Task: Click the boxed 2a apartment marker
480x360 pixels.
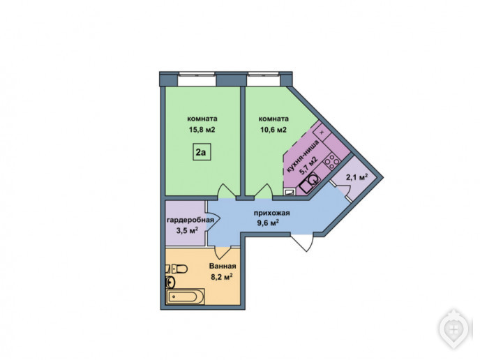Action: [x=202, y=151]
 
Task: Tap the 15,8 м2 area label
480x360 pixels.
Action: [x=202, y=130]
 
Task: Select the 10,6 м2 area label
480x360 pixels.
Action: [x=273, y=130]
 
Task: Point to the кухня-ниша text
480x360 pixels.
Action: [x=302, y=156]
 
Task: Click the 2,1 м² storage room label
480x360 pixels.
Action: [x=357, y=177]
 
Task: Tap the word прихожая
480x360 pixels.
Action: [x=272, y=213]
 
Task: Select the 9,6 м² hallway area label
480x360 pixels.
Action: [x=268, y=223]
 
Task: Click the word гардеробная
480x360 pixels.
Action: [x=190, y=220]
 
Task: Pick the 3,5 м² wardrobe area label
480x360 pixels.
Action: [x=187, y=230]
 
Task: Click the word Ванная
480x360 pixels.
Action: [x=223, y=266]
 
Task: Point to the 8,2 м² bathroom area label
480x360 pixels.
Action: [x=222, y=277]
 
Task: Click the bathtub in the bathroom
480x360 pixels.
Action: [x=185, y=297]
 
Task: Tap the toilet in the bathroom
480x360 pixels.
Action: [x=177, y=269]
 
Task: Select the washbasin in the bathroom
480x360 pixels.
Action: [x=170, y=282]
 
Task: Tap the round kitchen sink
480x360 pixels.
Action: [x=313, y=180]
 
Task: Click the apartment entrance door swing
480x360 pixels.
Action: [x=302, y=243]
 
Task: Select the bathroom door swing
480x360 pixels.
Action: [x=223, y=253]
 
